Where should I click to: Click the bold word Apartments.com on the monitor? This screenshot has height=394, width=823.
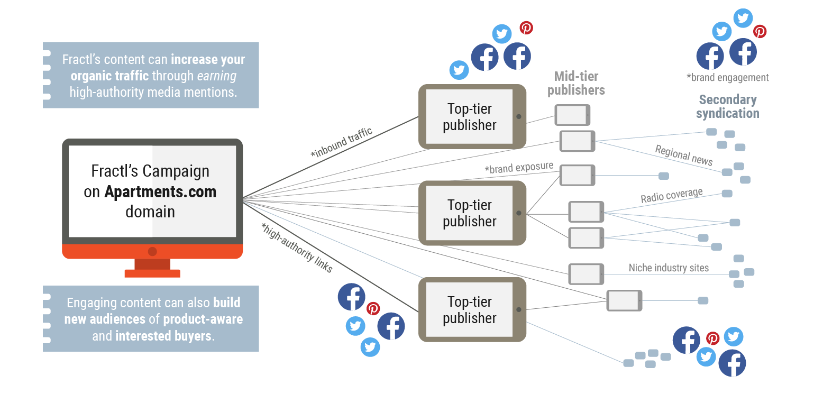160,191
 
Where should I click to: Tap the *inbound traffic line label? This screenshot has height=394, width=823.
342,142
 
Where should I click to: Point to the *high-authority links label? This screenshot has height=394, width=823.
297,248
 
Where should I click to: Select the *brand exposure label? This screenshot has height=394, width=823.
519,168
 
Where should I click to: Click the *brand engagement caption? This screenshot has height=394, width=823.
727,78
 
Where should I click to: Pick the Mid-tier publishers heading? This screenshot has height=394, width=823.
576,84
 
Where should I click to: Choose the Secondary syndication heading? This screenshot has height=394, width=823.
727,106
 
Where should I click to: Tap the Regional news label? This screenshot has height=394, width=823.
684,155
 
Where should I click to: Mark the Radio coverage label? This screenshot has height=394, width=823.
672,196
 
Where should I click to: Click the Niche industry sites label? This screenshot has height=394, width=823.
669,268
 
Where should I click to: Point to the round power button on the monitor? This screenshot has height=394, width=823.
152,251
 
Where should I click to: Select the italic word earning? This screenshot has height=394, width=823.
217,76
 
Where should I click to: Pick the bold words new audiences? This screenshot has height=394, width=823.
105,319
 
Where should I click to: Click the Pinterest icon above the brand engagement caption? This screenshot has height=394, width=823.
760,32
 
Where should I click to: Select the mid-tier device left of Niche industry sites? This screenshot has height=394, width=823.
586,274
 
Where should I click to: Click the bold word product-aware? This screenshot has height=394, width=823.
203,319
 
